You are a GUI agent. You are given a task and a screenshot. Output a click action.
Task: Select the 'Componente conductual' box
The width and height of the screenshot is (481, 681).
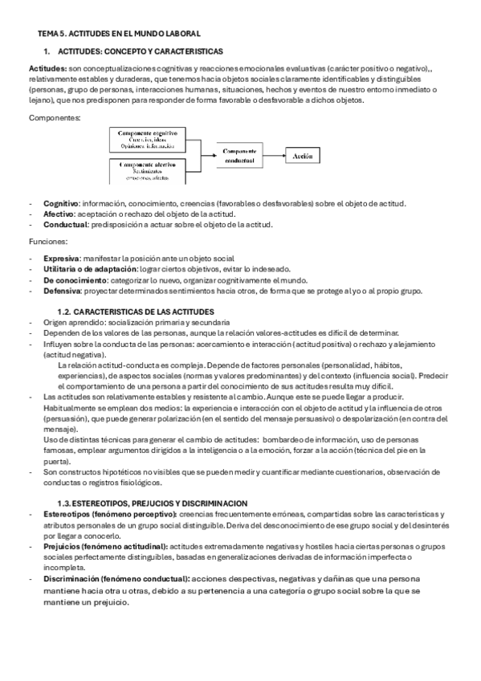pos(238,156)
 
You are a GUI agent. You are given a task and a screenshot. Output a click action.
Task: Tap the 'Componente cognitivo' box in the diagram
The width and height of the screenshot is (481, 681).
pos(148,139)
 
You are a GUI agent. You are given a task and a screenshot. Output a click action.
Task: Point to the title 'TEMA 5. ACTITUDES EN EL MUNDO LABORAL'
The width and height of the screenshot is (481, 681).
pos(120,33)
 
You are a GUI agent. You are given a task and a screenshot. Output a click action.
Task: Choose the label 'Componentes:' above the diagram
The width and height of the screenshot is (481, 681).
pos(54,118)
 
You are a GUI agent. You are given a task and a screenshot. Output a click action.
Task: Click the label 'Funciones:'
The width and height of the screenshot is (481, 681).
pos(47,240)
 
